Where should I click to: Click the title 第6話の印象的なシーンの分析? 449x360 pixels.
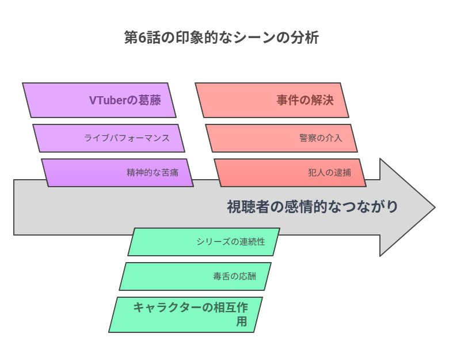(x=222, y=37)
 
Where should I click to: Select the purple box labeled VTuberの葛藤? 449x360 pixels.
(x=99, y=100)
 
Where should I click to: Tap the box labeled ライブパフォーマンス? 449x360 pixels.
(x=109, y=138)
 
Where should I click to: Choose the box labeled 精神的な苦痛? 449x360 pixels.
(x=117, y=173)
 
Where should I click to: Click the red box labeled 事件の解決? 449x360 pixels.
(x=272, y=100)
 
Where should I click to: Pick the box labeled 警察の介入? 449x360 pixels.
(x=281, y=138)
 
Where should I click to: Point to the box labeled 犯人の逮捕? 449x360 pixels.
(x=290, y=173)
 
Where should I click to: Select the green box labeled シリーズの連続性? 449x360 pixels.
(x=204, y=242)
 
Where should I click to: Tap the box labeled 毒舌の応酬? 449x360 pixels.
(x=195, y=276)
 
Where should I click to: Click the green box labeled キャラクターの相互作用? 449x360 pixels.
(x=185, y=314)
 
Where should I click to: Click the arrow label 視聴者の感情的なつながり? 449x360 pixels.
(x=313, y=207)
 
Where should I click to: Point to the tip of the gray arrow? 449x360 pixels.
(x=435, y=207)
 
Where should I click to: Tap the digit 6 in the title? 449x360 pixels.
(x=142, y=37)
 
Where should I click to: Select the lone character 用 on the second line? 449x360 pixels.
(x=242, y=321)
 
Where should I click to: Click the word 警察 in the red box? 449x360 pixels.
(x=308, y=138)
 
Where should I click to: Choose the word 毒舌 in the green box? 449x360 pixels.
(x=222, y=276)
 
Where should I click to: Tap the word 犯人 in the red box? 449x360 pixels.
(x=317, y=173)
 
